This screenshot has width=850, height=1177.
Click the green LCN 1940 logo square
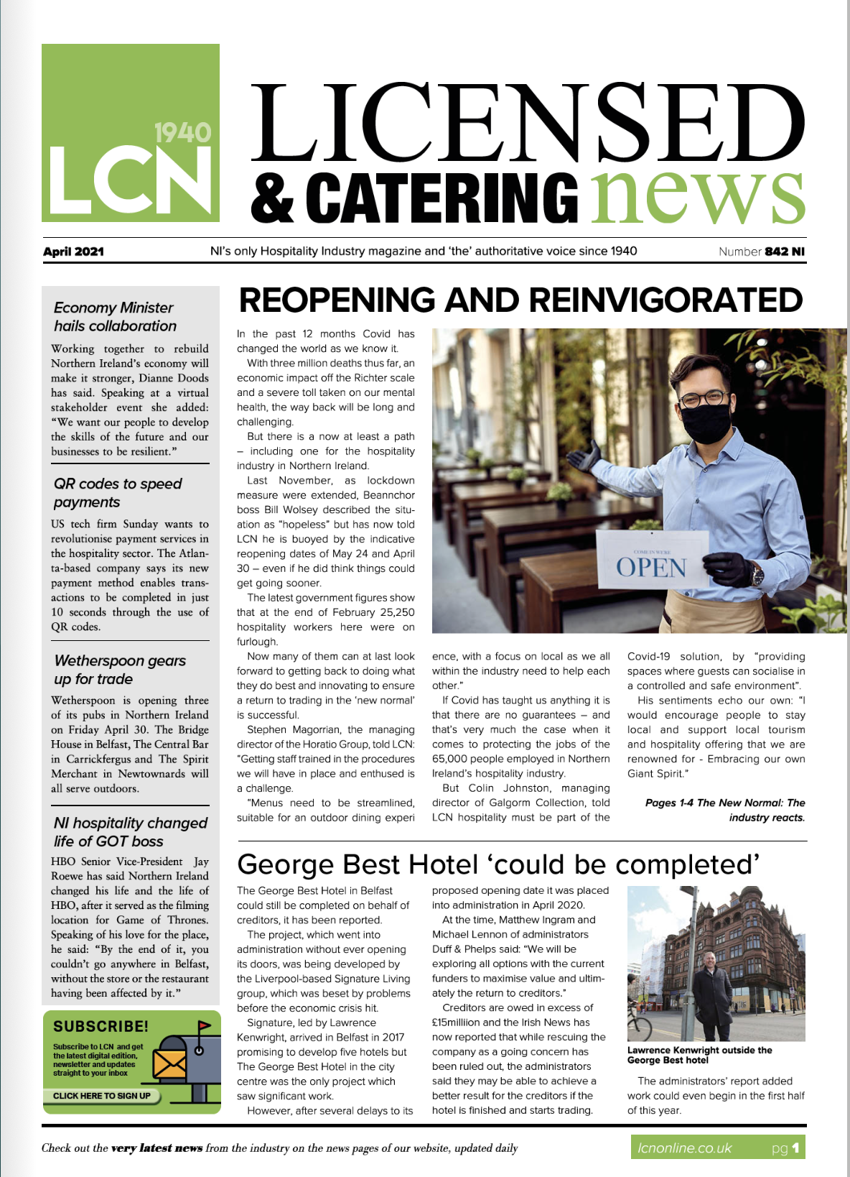130,133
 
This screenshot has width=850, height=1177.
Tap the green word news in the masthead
696,196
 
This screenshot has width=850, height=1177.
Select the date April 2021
73,251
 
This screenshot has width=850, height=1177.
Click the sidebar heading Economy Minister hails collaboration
115,317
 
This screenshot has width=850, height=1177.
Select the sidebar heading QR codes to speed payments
118,493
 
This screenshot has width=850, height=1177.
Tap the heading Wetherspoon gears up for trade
120,670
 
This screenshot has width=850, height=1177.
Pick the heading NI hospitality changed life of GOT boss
130,832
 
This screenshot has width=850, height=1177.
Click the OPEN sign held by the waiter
651,566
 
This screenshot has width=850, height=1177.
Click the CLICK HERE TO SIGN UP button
102,1096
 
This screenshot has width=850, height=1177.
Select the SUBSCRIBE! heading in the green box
101,1027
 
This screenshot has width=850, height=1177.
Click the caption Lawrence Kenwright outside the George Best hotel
699,1055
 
